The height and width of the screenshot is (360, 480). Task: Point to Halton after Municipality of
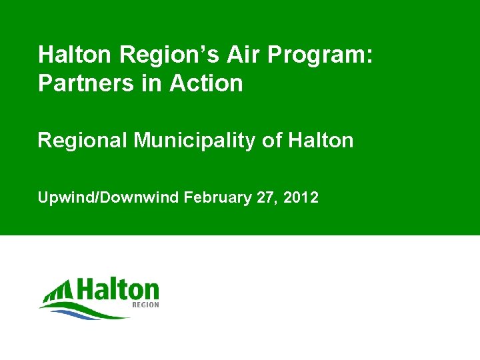coord(321,141)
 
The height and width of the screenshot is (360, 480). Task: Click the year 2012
coord(301,198)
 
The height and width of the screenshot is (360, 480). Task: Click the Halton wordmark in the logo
coord(118,291)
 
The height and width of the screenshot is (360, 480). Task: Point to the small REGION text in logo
coord(146,305)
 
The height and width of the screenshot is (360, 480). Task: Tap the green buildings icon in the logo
coord(59,292)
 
